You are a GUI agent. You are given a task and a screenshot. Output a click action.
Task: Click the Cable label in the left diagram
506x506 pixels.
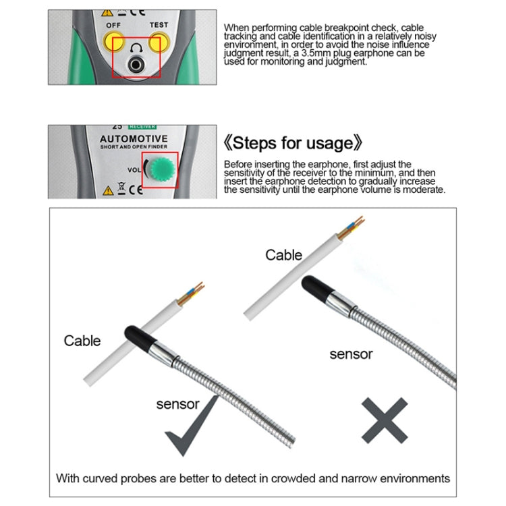pyautogui.click(x=82, y=341)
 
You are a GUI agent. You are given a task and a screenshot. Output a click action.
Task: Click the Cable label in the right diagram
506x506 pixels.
pyautogui.click(x=284, y=255)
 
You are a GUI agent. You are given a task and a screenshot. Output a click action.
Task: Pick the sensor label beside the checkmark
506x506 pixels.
pyautogui.click(x=177, y=404)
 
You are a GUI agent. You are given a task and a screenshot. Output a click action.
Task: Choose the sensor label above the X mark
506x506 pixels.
pyautogui.click(x=351, y=354)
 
